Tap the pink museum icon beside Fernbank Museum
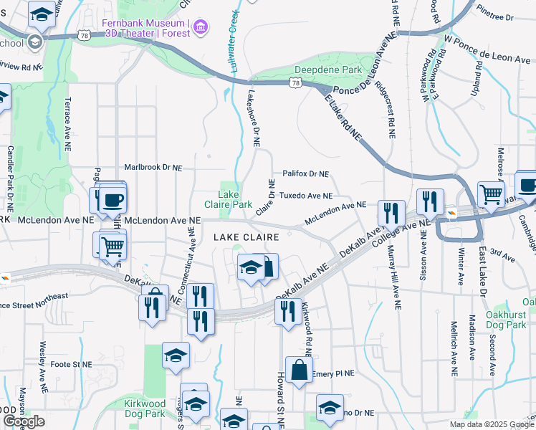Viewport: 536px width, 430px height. pyautogui.click(x=201, y=27)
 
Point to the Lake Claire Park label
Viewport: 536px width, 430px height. pyautogui.click(x=235, y=199)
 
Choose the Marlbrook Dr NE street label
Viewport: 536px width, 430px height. pyautogui.click(x=153, y=168)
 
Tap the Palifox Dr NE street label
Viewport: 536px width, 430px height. pyautogui.click(x=305, y=173)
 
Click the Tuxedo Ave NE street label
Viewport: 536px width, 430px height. pyautogui.click(x=305, y=196)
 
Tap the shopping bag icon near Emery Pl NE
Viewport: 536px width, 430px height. pyautogui.click(x=299, y=371)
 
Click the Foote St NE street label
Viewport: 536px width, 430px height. pyautogui.click(x=72, y=364)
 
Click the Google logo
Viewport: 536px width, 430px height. pyautogui.click(x=24, y=421)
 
